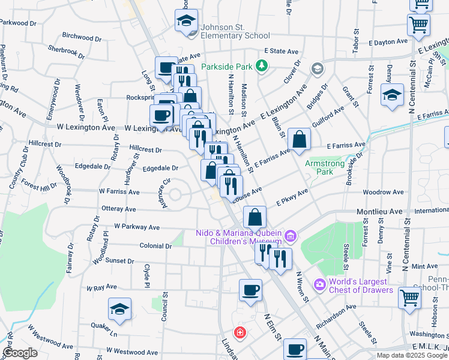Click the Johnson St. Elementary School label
pyautogui.click(x=235, y=31)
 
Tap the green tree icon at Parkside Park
pyautogui.click(x=262, y=65)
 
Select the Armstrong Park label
pyautogui.click(x=327, y=167)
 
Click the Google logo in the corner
pyautogui.click(x=20, y=353)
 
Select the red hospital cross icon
pyautogui.click(x=240, y=332)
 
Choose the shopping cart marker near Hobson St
pyautogui.click(x=409, y=296)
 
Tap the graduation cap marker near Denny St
pyautogui.click(x=393, y=95)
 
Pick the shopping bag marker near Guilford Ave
pyautogui.click(x=299, y=139)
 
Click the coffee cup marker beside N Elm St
pyautogui.click(x=250, y=290)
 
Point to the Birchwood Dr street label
pyautogui.click(x=81, y=36)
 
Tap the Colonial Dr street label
pyautogui.click(x=155, y=246)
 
